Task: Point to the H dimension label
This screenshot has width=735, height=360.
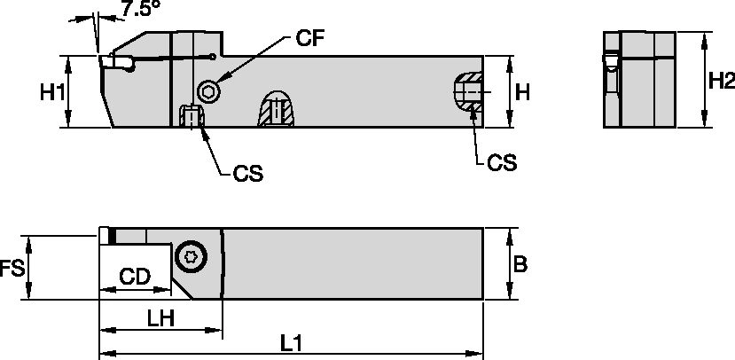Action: [x=523, y=92]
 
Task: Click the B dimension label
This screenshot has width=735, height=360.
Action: [x=522, y=264]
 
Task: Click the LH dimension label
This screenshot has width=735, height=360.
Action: [x=160, y=317]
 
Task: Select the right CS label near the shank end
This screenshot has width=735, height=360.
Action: [x=502, y=162]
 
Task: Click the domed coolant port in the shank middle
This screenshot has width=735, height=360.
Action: [x=278, y=108]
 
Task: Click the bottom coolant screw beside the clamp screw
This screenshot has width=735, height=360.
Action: [x=190, y=117]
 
